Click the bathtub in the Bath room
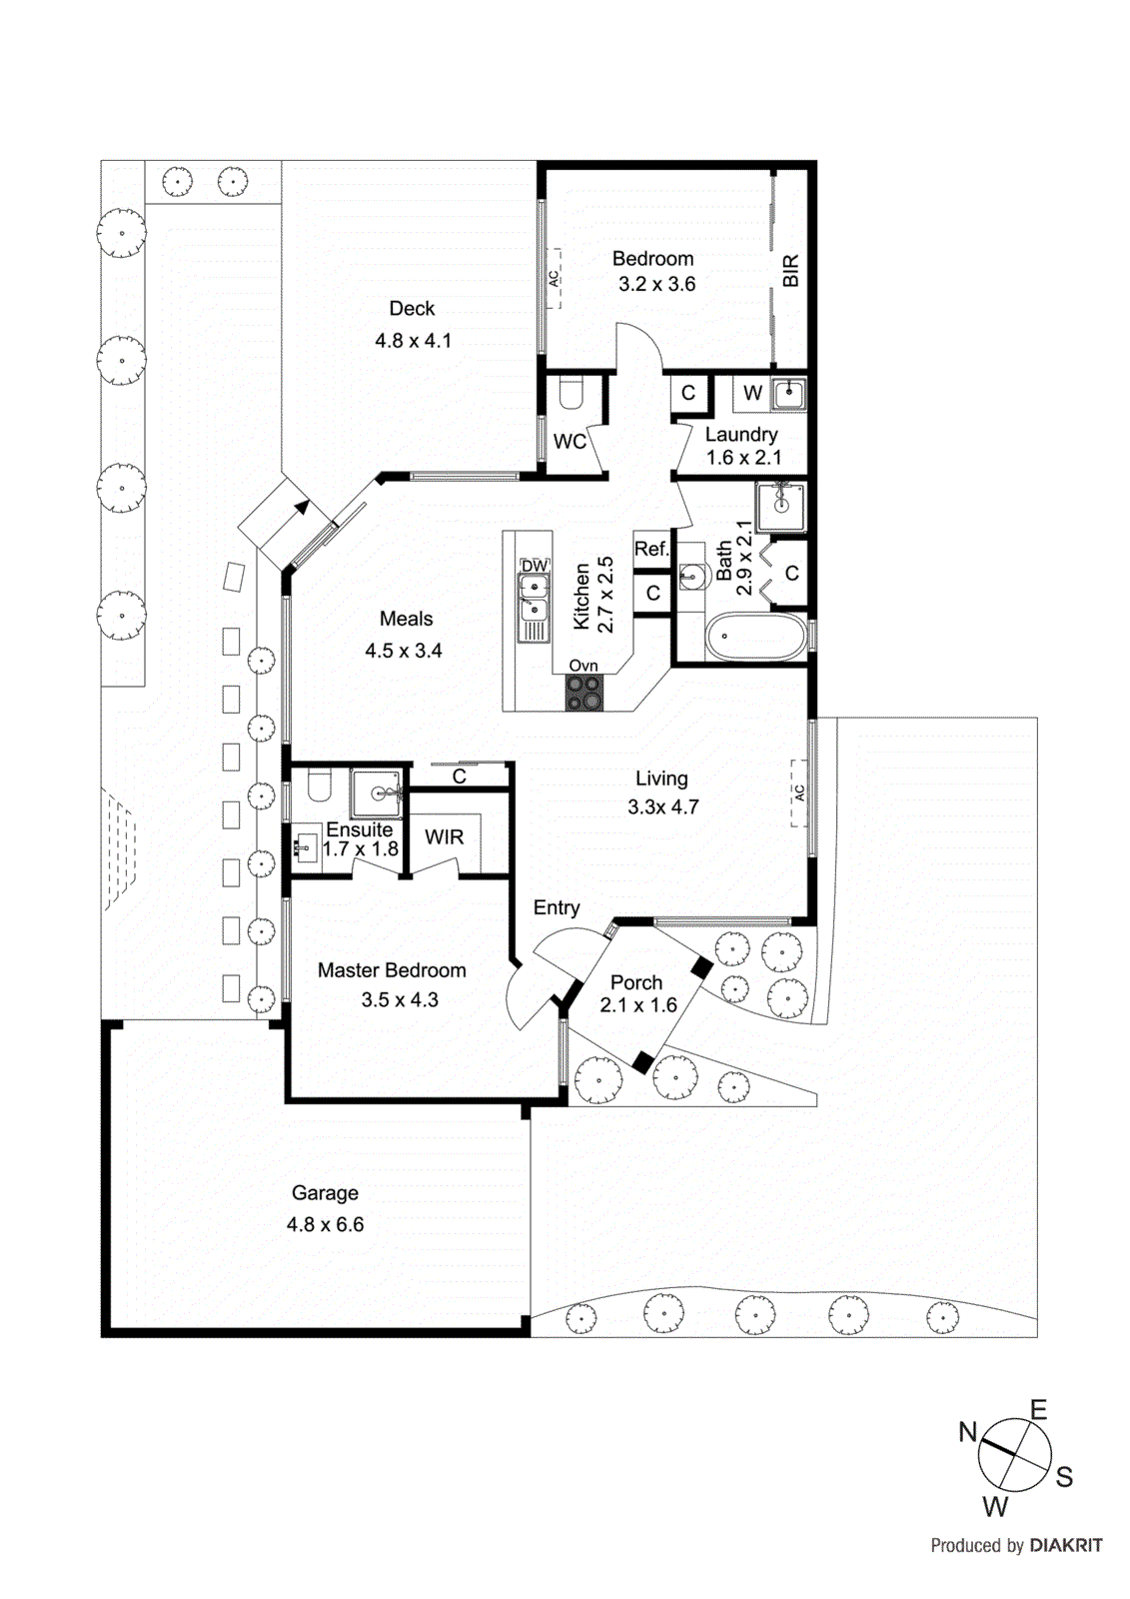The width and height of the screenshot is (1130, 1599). click(x=755, y=637)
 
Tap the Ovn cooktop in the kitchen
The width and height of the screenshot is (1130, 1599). click(x=584, y=693)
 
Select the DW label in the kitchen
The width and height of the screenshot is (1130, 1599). click(x=535, y=566)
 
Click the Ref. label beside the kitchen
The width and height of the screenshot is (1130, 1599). click(x=651, y=549)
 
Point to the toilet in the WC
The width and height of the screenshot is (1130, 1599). click(x=570, y=393)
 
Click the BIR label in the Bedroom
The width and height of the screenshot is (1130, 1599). click(x=790, y=271)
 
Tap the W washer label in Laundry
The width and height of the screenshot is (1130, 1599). click(x=752, y=393)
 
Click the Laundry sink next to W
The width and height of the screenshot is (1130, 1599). click(x=788, y=394)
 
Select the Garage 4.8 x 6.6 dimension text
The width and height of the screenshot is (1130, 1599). click(x=325, y=1224)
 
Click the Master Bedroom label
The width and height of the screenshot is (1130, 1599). click(x=392, y=970)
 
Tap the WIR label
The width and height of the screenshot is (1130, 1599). click(x=444, y=837)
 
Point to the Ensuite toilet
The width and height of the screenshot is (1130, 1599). click(x=319, y=786)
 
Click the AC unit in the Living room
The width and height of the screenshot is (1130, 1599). click(x=799, y=793)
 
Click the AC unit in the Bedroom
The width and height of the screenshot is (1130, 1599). click(x=554, y=279)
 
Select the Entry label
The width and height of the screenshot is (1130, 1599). click(x=557, y=907)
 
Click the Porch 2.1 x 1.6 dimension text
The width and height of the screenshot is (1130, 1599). click(x=638, y=1005)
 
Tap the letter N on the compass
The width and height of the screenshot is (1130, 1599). click(x=967, y=1432)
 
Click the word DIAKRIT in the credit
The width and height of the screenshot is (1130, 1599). click(x=1066, y=1545)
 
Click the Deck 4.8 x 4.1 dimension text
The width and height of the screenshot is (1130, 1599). click(x=413, y=341)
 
